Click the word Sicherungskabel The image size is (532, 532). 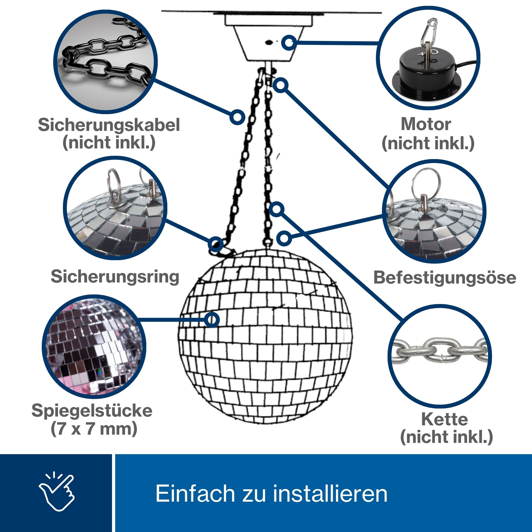tap(109, 125)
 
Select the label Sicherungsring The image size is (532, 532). tap(115, 276)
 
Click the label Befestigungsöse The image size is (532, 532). tap(445, 277)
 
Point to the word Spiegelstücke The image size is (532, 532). tap(92, 410)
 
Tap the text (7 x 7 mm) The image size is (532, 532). tap(94, 429)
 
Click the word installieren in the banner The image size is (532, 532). tap(330, 493)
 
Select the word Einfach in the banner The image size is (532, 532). tap(195, 493)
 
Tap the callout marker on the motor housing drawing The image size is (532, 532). tap(289, 43)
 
